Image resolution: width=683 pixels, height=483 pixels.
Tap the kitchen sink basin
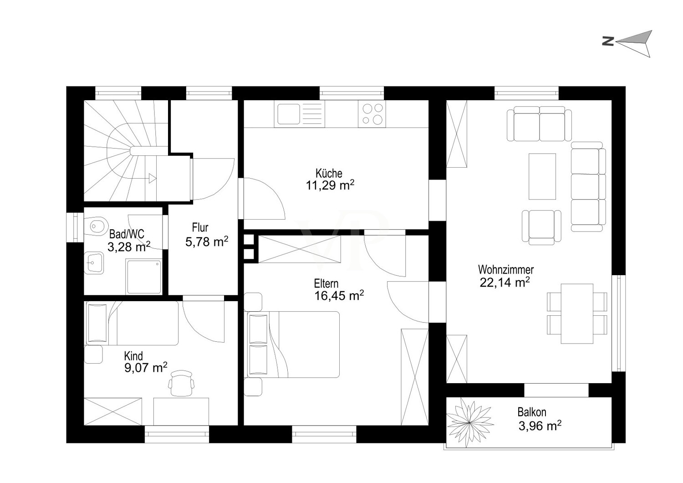(288, 114)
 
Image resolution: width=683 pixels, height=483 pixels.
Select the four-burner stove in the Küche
(372, 114)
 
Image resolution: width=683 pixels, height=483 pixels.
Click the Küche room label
(329, 173)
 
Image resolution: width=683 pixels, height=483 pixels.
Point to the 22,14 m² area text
(505, 282)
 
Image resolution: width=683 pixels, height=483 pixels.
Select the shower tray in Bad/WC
(143, 277)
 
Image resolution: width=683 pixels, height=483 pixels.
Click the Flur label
(200, 227)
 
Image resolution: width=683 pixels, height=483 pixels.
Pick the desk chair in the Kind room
(181, 383)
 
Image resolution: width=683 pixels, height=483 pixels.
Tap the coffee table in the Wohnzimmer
(542, 176)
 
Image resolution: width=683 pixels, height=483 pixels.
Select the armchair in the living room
(541, 227)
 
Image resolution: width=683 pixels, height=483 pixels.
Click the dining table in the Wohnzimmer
(577, 313)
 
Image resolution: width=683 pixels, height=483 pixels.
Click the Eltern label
(326, 284)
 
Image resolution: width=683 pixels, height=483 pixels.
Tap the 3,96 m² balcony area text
(540, 426)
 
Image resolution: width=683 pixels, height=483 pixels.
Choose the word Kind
(133, 356)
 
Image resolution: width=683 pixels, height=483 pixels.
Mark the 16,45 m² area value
(339, 295)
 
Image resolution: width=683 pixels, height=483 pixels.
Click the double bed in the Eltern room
(294, 344)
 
